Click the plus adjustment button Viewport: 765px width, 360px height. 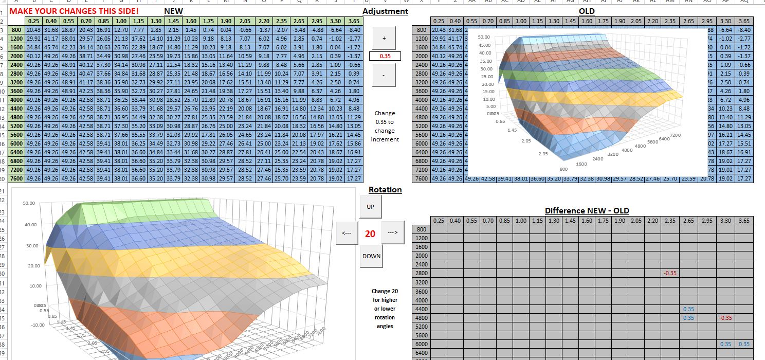coord(385,39)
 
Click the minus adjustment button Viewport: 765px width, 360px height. coord(385,75)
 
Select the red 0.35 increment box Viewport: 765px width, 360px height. coord(385,56)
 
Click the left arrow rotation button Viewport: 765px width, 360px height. coord(347,233)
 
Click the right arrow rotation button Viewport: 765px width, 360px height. coord(393,233)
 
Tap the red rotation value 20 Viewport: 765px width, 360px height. coord(370,234)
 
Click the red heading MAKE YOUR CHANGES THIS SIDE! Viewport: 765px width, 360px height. coord(74,11)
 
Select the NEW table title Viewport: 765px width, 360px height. coord(173,11)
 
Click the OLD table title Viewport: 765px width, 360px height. coord(587,11)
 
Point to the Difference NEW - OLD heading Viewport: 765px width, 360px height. coord(587,210)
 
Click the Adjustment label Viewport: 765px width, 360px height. coord(385,11)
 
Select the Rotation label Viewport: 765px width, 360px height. coord(385,190)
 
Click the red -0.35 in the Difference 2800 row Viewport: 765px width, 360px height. coord(670,273)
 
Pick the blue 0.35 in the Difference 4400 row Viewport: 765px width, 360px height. coord(689,309)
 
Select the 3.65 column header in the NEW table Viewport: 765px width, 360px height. coord(354,21)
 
